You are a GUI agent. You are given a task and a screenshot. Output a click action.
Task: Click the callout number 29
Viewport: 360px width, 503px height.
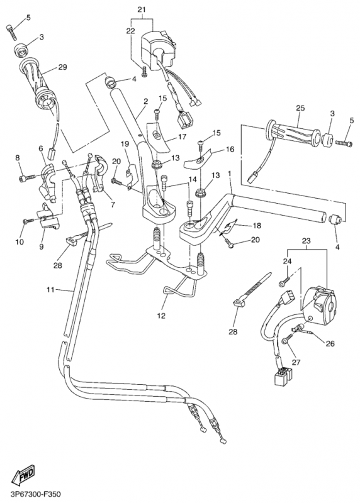(62, 67)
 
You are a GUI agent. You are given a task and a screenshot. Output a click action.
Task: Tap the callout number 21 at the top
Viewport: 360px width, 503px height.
(141, 9)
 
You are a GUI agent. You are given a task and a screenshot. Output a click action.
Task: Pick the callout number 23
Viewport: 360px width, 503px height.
(306, 240)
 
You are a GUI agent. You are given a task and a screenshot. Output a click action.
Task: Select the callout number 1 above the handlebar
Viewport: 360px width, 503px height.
(230, 172)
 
